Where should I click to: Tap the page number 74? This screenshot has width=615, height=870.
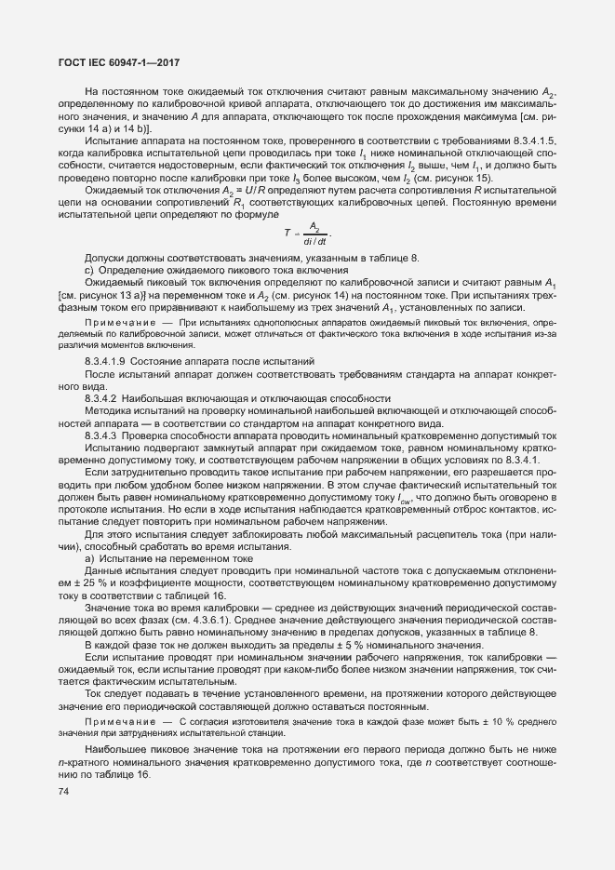[x=64, y=791]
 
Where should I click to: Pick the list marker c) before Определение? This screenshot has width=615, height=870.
[x=89, y=269]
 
